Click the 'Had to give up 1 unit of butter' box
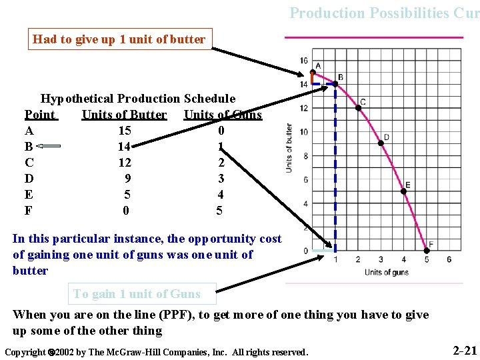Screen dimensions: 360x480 click(119, 39)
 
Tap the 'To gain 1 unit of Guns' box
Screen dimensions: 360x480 click(137, 294)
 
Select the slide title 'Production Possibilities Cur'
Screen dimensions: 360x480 click(384, 13)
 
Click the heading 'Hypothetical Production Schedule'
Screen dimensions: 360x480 click(138, 99)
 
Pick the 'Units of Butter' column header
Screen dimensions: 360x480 click(124, 115)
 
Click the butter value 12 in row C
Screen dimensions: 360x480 click(124, 163)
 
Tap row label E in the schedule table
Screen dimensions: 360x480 click(29, 195)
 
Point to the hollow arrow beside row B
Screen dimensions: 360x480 click(48, 146)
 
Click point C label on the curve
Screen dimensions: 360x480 click(363, 102)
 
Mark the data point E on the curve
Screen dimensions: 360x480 click(403, 191)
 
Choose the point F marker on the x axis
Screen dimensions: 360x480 click(427, 251)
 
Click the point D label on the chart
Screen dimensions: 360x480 click(386, 137)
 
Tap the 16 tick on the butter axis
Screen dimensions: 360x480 click(303, 61)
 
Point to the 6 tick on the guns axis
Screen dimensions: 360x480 click(449, 259)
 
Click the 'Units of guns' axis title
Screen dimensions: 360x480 click(386, 272)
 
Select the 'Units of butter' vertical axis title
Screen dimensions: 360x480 click(289, 148)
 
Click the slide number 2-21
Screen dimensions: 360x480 click(465, 351)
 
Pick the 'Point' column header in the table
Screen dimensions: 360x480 click(40, 115)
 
